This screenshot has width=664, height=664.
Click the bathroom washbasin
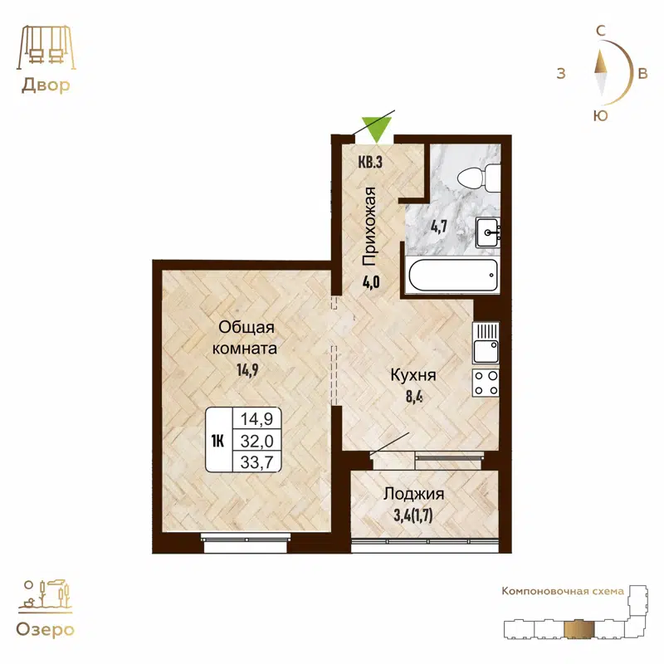point(487,232)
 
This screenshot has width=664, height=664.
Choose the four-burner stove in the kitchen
point(486,383)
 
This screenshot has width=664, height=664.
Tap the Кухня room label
point(413,375)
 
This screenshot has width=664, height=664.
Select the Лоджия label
point(413,494)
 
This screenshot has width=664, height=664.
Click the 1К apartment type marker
point(218,440)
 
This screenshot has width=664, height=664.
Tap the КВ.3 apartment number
point(369,163)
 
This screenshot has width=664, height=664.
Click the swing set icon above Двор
point(45,47)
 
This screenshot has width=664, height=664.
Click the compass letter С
point(599,31)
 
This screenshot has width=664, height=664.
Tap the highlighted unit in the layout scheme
point(579,630)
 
